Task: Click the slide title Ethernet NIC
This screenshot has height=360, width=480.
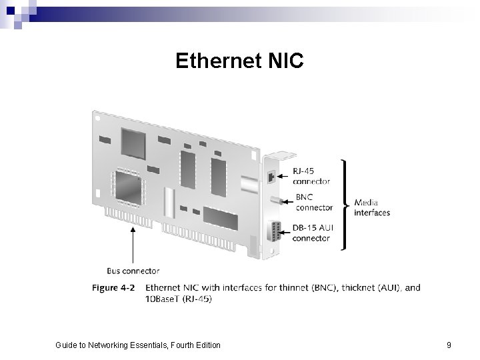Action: [239, 61]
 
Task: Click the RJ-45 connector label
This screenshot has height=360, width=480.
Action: [311, 176]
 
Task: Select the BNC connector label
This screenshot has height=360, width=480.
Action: [313, 203]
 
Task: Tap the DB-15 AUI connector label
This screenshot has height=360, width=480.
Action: [313, 233]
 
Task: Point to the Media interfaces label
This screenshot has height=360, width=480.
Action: [372, 207]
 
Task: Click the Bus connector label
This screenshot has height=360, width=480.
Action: [133, 271]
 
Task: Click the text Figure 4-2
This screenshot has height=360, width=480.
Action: [113, 288]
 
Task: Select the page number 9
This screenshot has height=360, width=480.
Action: [449, 345]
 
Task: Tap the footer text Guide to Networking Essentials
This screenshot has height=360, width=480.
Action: [137, 345]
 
